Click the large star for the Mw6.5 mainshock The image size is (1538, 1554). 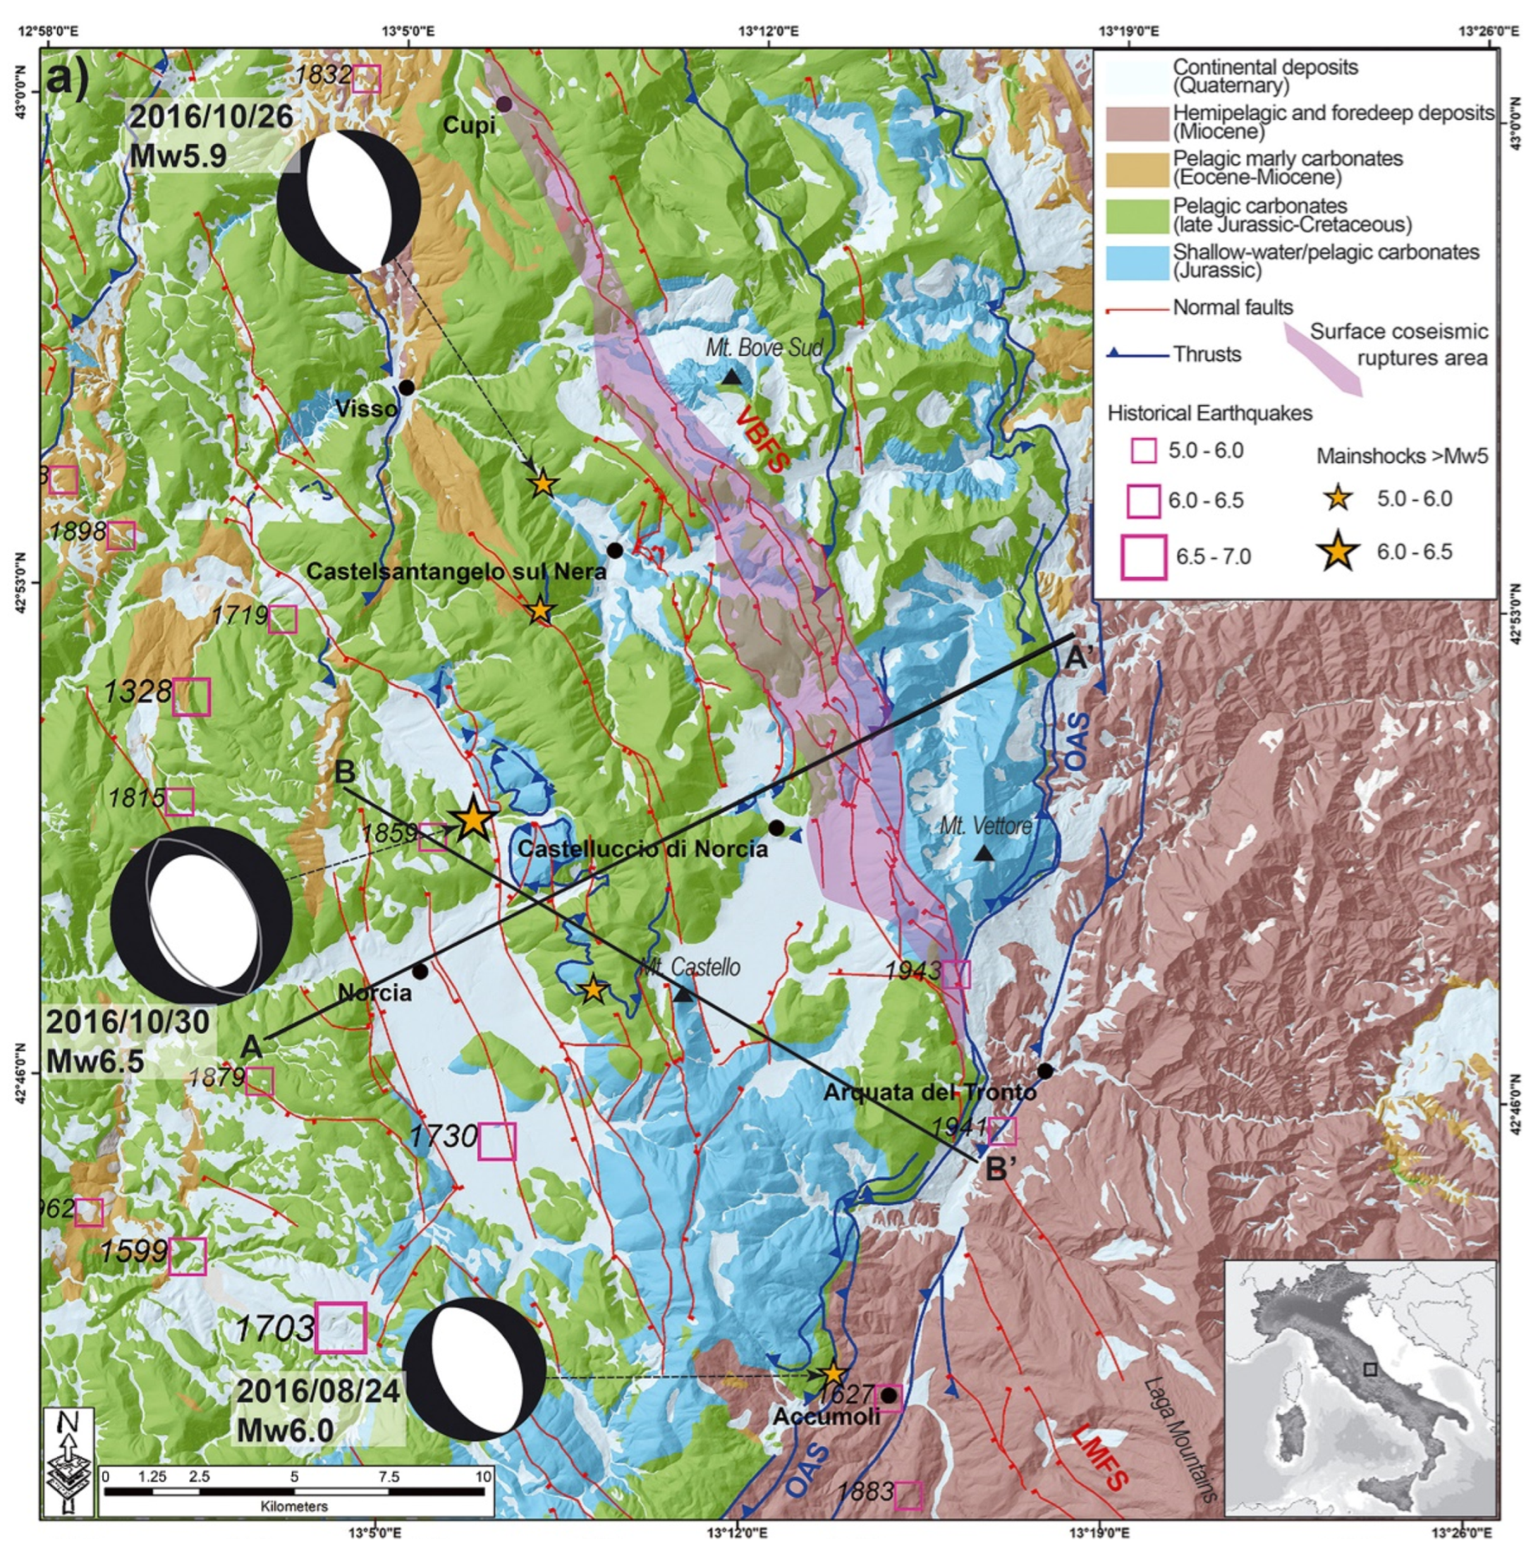pos(472,820)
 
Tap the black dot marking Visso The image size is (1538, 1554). pos(407,388)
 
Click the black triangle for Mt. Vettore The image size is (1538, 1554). pos(983,854)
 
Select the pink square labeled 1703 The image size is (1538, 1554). pos(340,1327)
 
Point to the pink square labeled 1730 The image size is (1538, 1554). pos(496,1141)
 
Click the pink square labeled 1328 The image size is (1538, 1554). pos(191,696)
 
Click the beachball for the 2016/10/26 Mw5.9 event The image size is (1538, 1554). pos(348,201)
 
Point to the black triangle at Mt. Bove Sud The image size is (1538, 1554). pos(731,377)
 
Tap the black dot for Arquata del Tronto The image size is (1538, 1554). pos(1044,1071)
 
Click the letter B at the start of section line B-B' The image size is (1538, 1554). pos(344,772)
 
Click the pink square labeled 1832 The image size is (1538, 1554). pos(367,79)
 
